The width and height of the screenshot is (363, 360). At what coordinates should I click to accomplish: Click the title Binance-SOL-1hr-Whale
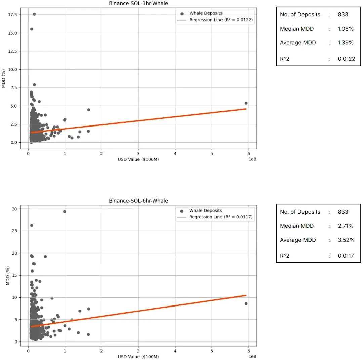pos(138,4)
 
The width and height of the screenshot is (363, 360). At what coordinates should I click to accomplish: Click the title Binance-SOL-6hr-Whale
pos(138,201)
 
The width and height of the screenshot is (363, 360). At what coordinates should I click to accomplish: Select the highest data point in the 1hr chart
pos(34,14)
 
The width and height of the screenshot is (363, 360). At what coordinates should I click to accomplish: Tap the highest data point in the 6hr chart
pos(65,212)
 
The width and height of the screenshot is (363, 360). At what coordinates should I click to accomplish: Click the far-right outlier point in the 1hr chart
pos(246,103)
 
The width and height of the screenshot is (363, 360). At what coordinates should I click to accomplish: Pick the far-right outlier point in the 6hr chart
pos(246,303)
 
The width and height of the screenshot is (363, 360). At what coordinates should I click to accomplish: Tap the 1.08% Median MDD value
pos(346,29)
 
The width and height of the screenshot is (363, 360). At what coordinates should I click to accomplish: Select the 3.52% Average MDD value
pos(346,240)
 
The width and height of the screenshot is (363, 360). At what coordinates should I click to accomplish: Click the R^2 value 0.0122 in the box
pos(346,59)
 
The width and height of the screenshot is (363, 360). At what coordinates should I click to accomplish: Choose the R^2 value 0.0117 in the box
pos(346,256)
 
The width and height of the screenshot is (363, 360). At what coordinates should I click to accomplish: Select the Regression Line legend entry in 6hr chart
pos(220,217)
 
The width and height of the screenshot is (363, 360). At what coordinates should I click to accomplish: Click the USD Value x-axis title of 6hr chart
pos(138,356)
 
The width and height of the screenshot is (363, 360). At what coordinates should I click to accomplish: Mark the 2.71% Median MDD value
pos(346,226)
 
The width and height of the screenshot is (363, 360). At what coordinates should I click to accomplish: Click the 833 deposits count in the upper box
pos(343,15)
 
